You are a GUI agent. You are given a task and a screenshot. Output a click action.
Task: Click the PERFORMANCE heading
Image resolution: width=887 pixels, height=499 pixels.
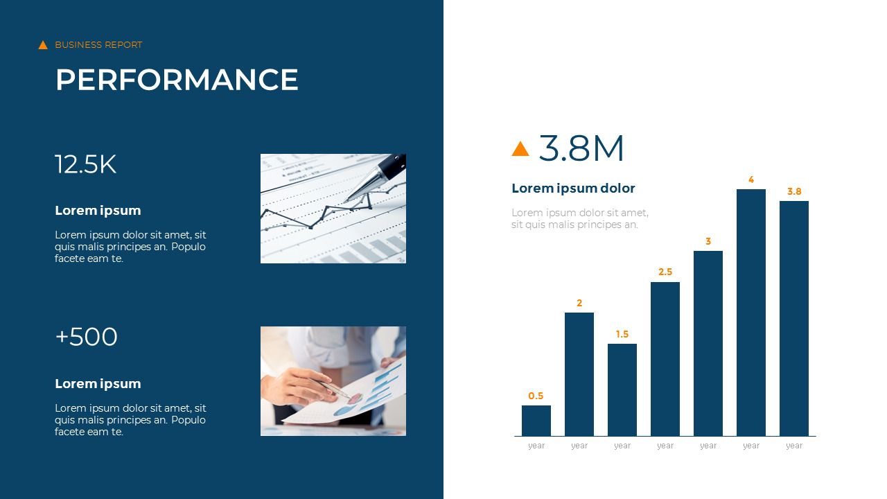click(177, 80)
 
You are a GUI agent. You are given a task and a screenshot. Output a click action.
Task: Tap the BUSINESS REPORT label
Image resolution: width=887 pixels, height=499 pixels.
click(98, 45)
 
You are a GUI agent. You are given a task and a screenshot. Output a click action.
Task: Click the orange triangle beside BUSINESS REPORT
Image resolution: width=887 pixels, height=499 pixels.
click(43, 45)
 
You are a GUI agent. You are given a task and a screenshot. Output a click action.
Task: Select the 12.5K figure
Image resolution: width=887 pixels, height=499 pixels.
click(85, 165)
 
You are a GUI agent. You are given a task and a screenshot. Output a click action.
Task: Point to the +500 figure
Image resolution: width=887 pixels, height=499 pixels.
click(86, 338)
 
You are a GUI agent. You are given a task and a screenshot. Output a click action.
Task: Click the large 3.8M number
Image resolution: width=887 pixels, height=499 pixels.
click(581, 148)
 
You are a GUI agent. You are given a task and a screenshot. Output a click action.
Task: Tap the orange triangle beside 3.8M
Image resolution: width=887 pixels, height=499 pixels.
click(520, 148)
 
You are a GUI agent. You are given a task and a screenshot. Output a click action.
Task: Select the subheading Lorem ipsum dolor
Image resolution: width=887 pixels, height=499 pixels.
click(573, 189)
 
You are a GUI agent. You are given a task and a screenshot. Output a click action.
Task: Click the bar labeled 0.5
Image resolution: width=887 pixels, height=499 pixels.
click(536, 421)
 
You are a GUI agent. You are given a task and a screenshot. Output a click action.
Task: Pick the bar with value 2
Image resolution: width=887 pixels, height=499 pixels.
click(579, 374)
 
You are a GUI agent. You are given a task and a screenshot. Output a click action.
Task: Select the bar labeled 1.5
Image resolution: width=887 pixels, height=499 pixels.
click(622, 389)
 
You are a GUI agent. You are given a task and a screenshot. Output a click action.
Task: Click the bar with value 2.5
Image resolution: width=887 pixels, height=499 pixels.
click(665, 359)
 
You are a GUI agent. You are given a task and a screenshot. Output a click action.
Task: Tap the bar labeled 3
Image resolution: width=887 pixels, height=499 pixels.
click(708, 343)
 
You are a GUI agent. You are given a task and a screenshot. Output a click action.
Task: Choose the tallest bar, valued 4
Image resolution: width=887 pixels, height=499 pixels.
click(751, 313)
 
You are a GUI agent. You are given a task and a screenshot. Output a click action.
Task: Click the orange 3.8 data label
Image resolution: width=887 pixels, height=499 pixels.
click(794, 192)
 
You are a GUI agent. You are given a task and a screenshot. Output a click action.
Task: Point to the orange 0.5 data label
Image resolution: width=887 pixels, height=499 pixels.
click(536, 396)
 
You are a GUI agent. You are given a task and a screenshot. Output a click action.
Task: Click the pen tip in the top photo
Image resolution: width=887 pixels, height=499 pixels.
click(346, 200)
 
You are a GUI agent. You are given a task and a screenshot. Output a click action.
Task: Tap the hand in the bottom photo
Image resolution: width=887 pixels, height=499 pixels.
click(295, 385)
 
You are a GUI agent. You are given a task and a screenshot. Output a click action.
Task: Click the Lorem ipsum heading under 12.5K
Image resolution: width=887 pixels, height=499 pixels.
click(98, 211)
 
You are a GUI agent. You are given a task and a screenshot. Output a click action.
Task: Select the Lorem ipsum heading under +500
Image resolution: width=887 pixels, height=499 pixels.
click(98, 384)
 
